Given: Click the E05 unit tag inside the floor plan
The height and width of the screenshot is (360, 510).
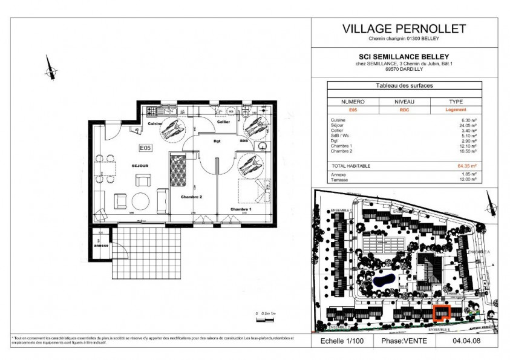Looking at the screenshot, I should coord(145,147).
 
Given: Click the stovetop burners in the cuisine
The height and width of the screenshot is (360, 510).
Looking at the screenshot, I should coord(152,111).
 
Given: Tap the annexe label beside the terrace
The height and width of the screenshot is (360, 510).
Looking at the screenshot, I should coord(100,245).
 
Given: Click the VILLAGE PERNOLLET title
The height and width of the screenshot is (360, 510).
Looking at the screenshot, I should coord(404,28).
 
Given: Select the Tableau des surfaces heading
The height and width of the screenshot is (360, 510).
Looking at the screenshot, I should coord(404,86).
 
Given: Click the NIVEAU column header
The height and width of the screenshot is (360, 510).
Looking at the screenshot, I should coord(404,102).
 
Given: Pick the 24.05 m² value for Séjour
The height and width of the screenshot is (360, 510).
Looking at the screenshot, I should coord(468,125).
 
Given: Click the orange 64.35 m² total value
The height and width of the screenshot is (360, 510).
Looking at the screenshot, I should coord(466,165).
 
